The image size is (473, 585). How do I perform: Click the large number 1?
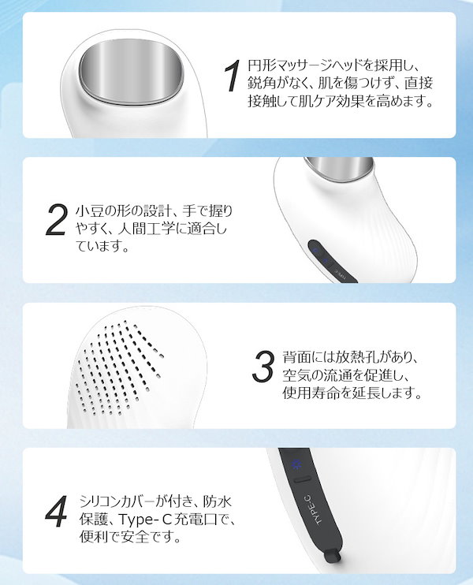coord(231,76)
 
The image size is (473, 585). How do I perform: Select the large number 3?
coord(263,366)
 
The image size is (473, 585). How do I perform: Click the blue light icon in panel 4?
coord(297,463)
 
